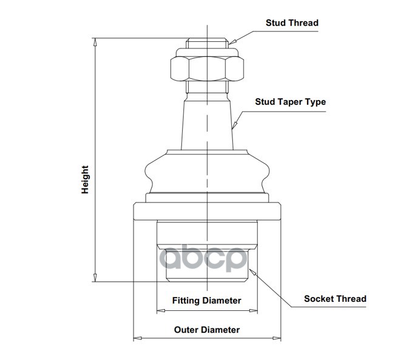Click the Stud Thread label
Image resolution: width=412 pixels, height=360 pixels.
coord(292,23)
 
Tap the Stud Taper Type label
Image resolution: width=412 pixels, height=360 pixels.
coord(291,102)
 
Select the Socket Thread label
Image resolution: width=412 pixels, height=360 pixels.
coord(335,299)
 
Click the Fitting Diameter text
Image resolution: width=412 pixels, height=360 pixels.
coord(206,301)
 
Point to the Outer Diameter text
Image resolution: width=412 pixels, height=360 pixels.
coord(207,330)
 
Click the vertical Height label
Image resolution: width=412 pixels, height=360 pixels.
coord(85,180)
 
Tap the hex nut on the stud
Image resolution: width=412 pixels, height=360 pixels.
coord(207,68)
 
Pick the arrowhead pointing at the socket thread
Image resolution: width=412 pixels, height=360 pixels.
coord(252,272)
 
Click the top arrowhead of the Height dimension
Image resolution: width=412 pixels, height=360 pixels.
coord(95,42)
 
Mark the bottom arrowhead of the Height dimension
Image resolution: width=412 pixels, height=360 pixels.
coord(95,278)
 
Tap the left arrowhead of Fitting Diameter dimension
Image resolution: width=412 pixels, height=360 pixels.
coord(161,311)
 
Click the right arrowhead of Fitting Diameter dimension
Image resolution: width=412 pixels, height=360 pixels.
coord(253,311)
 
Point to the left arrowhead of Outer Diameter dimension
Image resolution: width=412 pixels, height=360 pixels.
coord(138,338)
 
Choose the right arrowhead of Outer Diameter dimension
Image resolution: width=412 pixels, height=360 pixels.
coord(277,338)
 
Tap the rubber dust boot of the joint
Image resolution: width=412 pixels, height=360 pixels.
coord(207,172)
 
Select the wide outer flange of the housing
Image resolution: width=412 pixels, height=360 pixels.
coord(207,212)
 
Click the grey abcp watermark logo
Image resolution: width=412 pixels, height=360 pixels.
coord(204,258)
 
